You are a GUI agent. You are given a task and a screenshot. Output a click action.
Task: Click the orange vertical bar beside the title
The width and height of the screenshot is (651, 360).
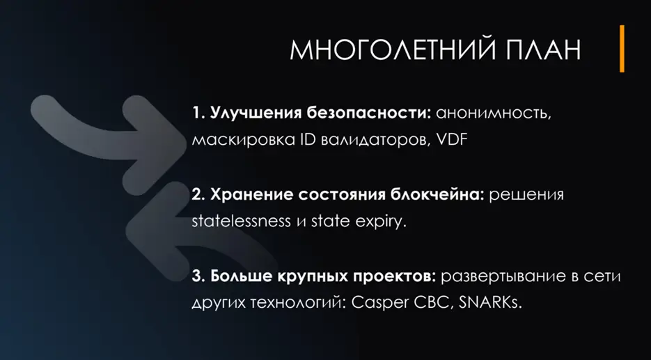622,48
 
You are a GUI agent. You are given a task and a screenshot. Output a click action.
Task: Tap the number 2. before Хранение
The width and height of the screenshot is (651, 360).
198,194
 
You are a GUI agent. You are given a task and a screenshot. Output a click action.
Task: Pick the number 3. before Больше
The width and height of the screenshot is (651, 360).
198,276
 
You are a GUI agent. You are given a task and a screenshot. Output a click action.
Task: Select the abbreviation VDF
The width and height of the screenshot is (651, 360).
455,139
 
